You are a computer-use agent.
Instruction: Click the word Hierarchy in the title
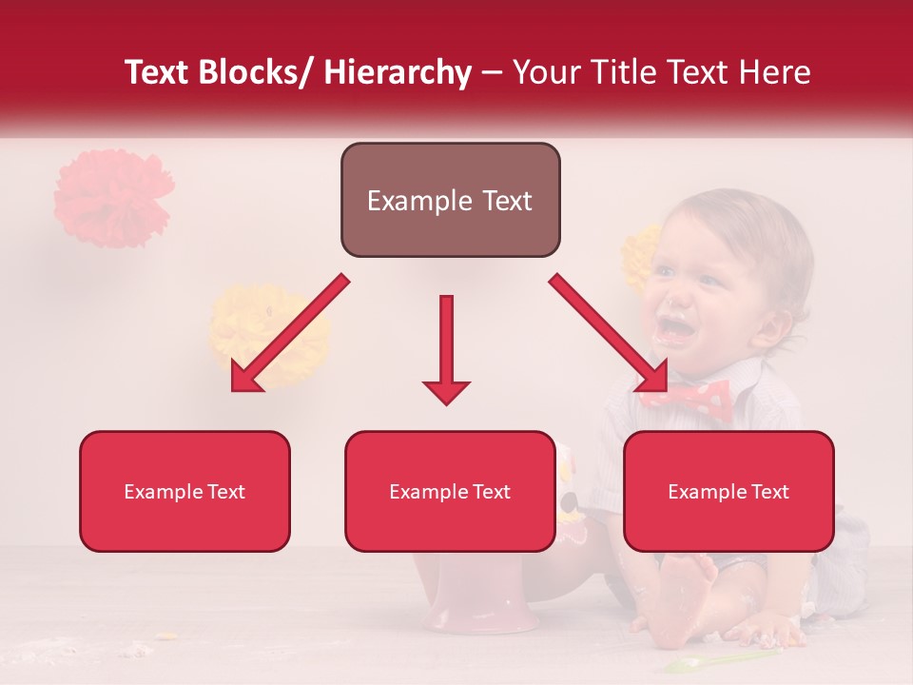[x=398, y=72]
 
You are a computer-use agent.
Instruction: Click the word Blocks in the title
[x=249, y=72]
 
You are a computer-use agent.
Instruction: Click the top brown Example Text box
[x=450, y=201]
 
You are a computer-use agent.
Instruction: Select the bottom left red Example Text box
[x=185, y=492]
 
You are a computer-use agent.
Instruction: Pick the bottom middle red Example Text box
[x=450, y=492]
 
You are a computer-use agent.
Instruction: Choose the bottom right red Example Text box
[x=728, y=492]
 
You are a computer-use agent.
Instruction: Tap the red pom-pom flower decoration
[x=111, y=198]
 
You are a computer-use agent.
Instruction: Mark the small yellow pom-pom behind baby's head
[x=639, y=255]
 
